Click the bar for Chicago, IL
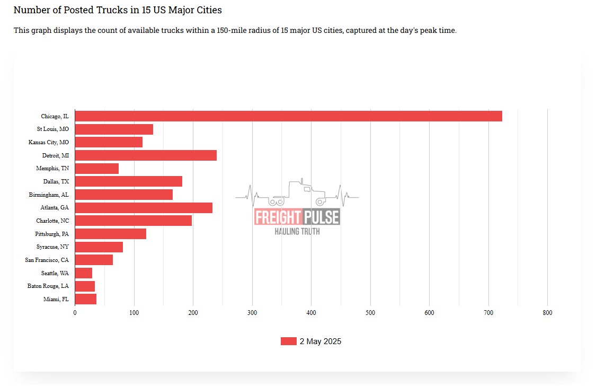click(288, 116)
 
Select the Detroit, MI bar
click(146, 155)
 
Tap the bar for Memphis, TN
click(96, 169)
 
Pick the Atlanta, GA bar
click(144, 208)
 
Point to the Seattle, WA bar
click(83, 273)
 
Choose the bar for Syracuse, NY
click(99, 247)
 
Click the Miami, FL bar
click(85, 299)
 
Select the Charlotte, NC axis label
click(52, 221)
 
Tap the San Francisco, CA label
click(47, 260)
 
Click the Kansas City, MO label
click(48, 143)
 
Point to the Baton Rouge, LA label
click(48, 286)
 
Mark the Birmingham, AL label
click(49, 195)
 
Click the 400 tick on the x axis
click(312, 313)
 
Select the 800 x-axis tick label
click(547, 313)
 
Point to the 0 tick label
click(75, 313)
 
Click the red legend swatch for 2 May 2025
click(288, 341)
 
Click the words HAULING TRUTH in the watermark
click(297, 232)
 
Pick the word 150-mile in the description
click(234, 31)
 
